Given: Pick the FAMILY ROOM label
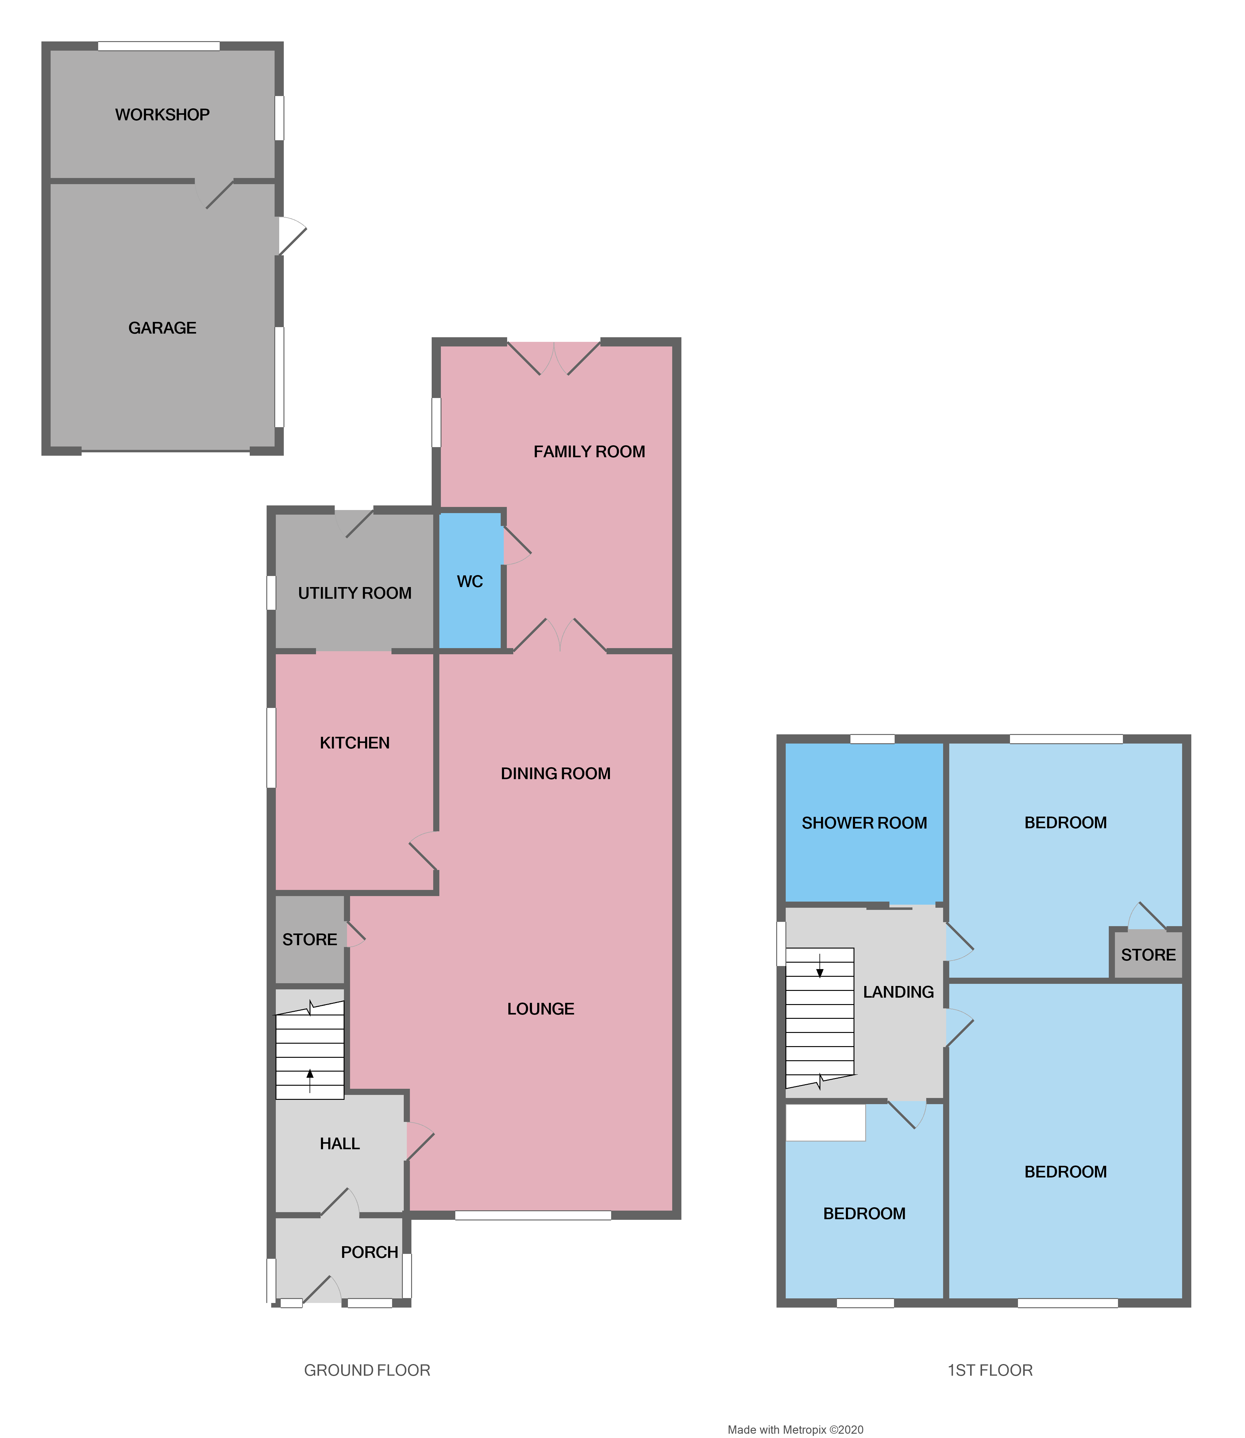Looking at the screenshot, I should pos(589,452).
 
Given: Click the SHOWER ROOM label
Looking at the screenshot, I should pos(864,823).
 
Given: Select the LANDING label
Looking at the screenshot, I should pos(898,992).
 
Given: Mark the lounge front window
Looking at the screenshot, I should pos(533,1216).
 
